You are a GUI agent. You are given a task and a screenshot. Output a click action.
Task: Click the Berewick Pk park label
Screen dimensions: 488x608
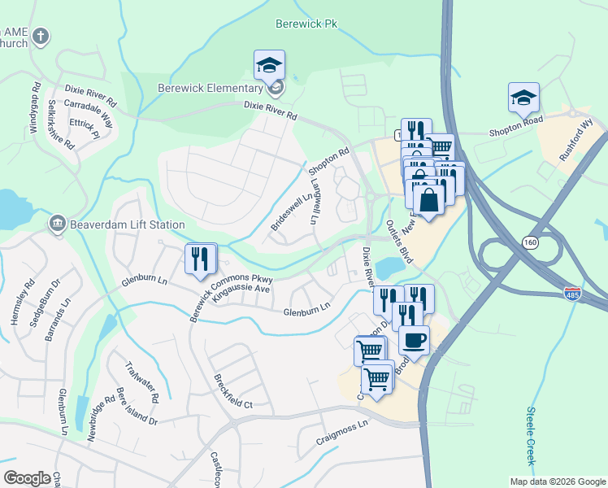click(x=306, y=24)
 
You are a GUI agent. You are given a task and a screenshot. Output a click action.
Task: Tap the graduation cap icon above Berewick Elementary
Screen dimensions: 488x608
click(x=269, y=64)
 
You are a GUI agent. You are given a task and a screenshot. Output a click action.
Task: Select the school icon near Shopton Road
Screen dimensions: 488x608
click(x=523, y=98)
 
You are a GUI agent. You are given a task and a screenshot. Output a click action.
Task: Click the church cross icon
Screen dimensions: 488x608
click(x=41, y=37)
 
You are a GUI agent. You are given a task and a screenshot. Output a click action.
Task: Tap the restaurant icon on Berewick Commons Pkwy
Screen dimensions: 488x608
click(x=200, y=259)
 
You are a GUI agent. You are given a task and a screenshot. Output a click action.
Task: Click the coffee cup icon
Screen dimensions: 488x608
click(x=415, y=339)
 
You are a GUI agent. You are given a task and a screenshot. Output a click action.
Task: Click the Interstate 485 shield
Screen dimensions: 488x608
click(x=572, y=290)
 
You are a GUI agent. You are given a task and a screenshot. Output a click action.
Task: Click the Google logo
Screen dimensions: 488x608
click(x=27, y=477)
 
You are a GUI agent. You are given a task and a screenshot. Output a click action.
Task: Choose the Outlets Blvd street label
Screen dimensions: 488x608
click(x=400, y=240)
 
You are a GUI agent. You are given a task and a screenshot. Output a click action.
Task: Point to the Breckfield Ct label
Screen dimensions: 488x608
click(x=233, y=391)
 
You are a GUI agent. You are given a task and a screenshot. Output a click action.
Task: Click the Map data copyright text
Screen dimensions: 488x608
click(x=556, y=481)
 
